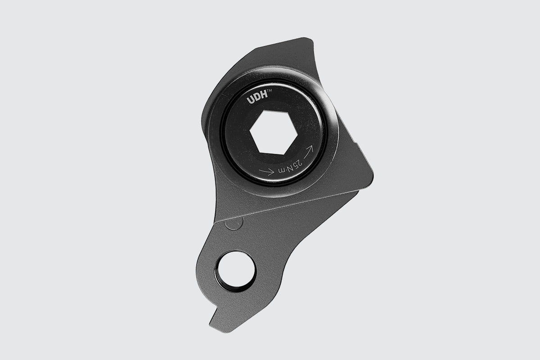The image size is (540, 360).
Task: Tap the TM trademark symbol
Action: click(269, 90)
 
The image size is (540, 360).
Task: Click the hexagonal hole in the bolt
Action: click(274, 132)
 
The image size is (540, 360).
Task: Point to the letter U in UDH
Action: click(251, 100)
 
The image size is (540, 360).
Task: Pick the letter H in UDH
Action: click(264, 94)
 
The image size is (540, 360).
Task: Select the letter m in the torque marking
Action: click(282, 171)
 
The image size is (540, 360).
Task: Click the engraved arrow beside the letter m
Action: click(266, 171)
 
